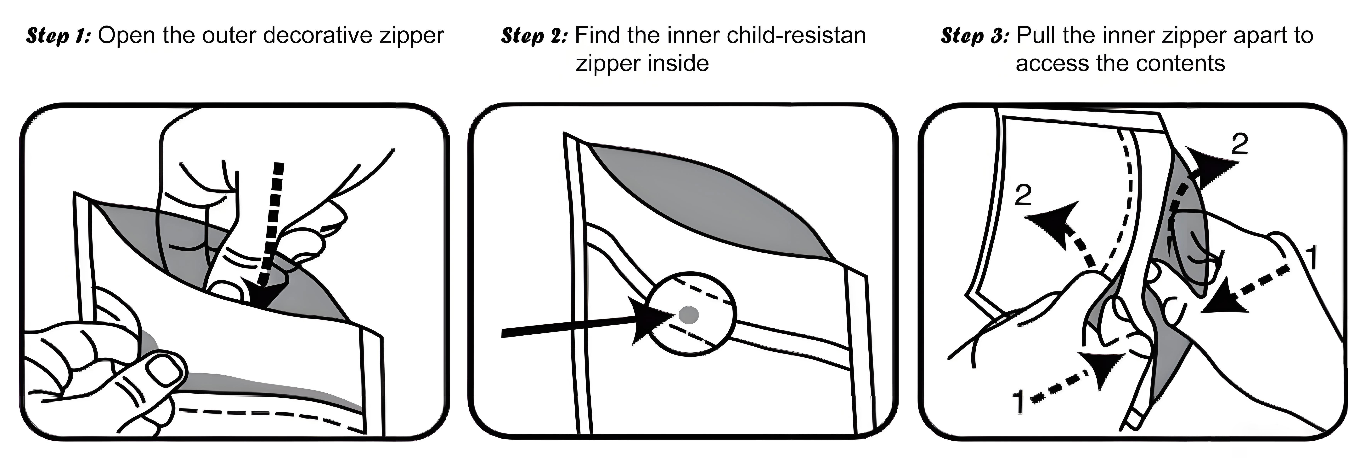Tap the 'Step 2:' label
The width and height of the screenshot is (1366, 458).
pyautogui.click(x=534, y=36)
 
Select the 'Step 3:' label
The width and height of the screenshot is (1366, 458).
pyautogui.click(x=975, y=36)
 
